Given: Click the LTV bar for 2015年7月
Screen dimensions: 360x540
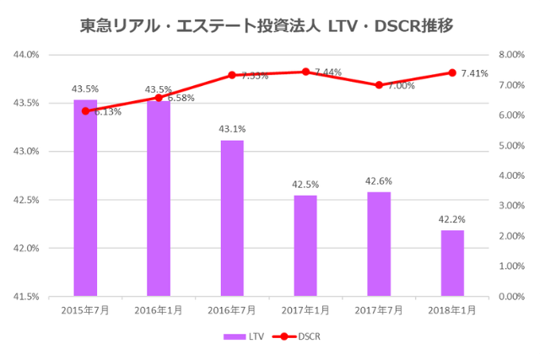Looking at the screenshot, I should pyautogui.click(x=85, y=198).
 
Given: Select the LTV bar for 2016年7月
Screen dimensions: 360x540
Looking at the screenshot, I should pyautogui.click(x=232, y=218).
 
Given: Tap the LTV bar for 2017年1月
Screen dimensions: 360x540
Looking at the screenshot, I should pyautogui.click(x=305, y=245).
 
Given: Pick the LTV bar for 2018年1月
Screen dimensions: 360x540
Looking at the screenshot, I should pyautogui.click(x=452, y=263).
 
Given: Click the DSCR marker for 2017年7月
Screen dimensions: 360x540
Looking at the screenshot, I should pyautogui.click(x=379, y=85).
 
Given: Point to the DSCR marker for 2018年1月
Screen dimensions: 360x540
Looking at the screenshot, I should pyautogui.click(x=452, y=73).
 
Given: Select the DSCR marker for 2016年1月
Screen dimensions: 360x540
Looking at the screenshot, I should pyautogui.click(x=159, y=98).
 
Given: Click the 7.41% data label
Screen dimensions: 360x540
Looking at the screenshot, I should pyautogui.click(x=475, y=73).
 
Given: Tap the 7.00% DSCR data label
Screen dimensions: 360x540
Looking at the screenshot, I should pyautogui.click(x=402, y=86).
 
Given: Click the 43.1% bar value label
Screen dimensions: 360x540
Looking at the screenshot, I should pyautogui.click(x=232, y=129).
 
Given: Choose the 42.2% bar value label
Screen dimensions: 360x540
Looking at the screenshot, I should pyautogui.click(x=452, y=219).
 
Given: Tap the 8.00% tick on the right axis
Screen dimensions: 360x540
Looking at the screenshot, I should pyautogui.click(x=512, y=55).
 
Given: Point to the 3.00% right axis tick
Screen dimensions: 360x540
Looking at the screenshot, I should pyautogui.click(x=512, y=206).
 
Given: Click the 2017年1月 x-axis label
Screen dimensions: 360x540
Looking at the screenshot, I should pyautogui.click(x=305, y=310).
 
